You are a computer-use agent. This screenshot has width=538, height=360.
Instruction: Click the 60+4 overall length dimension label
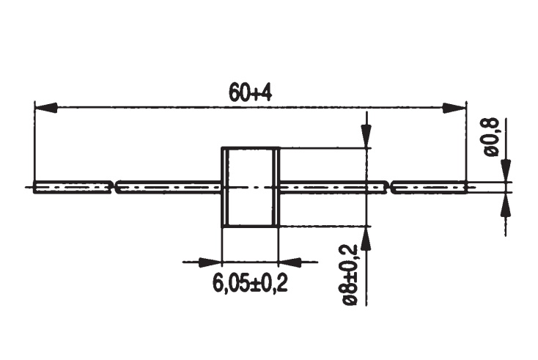click(250, 92)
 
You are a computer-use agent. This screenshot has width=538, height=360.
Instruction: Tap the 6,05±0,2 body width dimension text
click(250, 283)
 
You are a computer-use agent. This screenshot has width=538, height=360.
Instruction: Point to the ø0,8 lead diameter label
click(491, 136)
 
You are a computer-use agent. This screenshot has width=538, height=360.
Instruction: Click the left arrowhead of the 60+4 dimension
click(45, 108)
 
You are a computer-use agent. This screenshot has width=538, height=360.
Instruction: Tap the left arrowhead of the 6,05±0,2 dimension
click(210, 262)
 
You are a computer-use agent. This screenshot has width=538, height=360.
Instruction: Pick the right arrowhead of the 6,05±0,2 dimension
click(290, 262)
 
